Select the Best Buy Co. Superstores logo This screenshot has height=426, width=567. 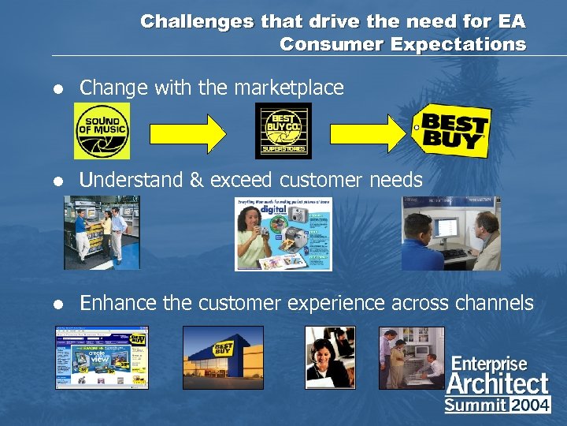[283, 131]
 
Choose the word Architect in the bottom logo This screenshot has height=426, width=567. [497, 383]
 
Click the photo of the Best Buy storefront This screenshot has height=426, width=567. [224, 357]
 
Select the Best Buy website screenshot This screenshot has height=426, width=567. [102, 357]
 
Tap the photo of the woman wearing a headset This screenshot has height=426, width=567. [330, 357]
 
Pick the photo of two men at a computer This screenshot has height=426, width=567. [450, 234]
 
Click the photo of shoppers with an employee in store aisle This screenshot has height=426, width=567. [102, 234]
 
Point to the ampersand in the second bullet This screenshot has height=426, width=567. [197, 180]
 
